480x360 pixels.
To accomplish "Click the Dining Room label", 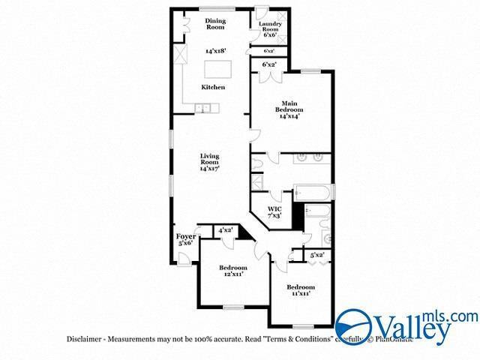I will tap(215, 24).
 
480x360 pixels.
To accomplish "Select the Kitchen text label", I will tap(213, 88).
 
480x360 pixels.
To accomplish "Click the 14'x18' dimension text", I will tap(215, 51).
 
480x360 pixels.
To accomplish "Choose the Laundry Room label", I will tap(270, 28).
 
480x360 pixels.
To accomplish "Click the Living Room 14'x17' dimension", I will tap(209, 169).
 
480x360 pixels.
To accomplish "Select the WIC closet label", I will tap(274, 211).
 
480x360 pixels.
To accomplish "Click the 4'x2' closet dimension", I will tap(225, 230).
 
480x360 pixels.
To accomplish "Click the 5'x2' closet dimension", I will tap(317, 255).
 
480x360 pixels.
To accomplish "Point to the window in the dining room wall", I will tap(215, 8).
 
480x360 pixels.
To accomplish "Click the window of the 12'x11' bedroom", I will tap(235, 306).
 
